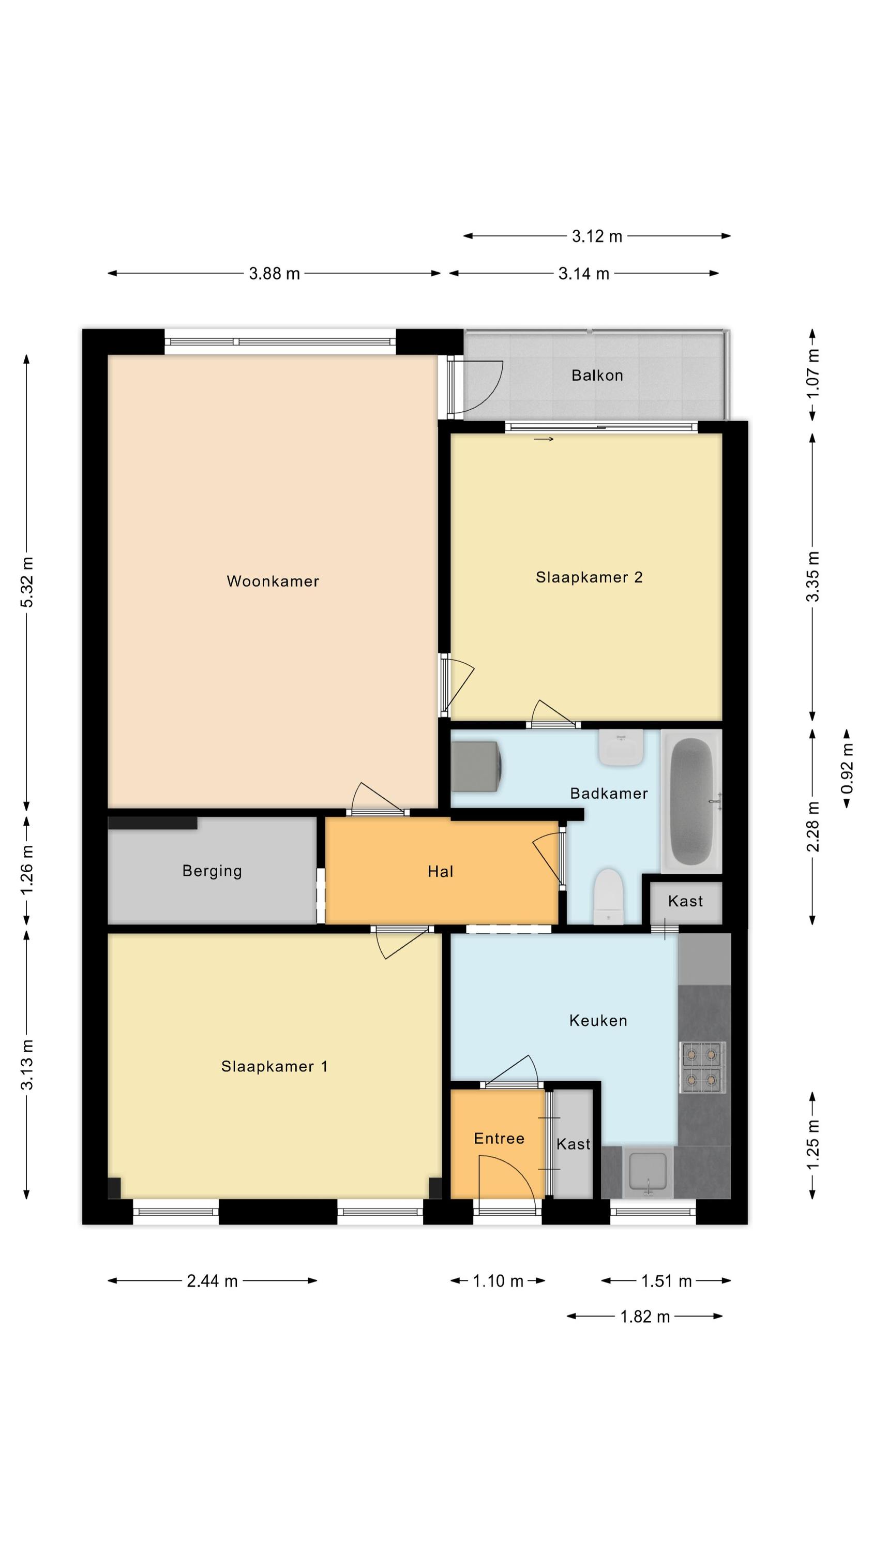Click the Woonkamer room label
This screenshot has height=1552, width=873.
tap(273, 581)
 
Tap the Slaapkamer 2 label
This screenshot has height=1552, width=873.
tap(589, 577)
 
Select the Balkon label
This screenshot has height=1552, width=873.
tap(597, 376)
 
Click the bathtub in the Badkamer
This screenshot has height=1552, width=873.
tap(691, 801)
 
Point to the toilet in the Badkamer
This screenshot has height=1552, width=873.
tap(609, 897)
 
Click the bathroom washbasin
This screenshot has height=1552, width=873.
tap(621, 748)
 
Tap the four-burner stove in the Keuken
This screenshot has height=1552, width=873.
tap(702, 1066)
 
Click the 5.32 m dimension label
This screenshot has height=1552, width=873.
tap(27, 583)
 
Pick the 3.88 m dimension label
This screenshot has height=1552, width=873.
tap(274, 274)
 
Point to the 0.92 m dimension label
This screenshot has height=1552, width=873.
tap(847, 769)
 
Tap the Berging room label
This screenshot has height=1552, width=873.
tap(212, 871)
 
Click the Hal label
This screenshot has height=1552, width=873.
tap(441, 871)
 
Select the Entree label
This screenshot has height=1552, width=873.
tap(499, 1138)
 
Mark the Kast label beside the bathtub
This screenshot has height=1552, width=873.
tap(686, 901)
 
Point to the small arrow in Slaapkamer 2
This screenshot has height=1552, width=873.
tap(544, 439)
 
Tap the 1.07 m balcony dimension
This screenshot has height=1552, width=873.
tap(813, 374)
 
